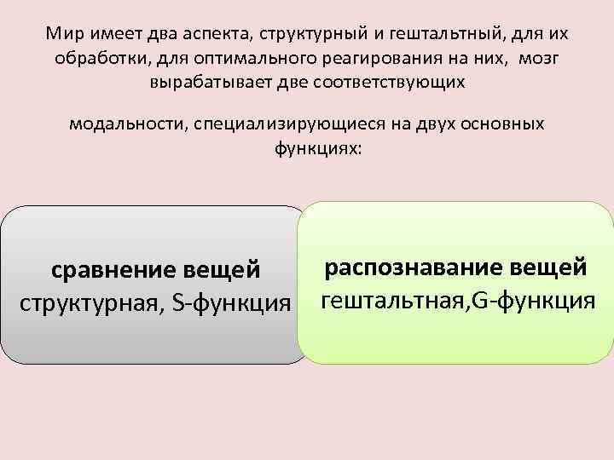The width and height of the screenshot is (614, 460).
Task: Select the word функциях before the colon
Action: click(x=304, y=148)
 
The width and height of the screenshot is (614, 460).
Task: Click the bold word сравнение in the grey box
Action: click(x=115, y=272)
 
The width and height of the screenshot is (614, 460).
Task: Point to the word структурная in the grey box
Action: click(x=90, y=302)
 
